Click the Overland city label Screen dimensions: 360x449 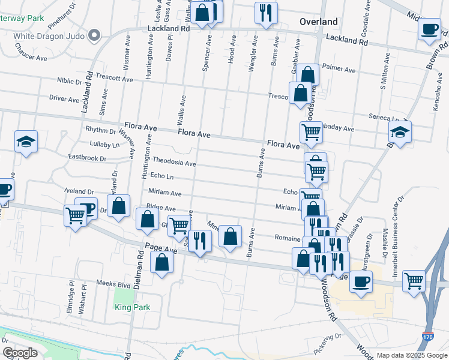[318, 22]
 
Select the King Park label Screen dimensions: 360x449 [132, 307]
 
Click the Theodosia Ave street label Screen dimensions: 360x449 [174, 162]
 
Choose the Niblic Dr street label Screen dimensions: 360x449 [70, 81]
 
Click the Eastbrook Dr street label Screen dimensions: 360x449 [86, 158]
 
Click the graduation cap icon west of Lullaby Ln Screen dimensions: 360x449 [26, 142]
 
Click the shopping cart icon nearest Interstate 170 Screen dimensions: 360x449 [414, 280]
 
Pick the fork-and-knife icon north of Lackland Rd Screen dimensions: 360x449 [265, 12]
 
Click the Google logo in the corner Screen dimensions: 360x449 [20, 353]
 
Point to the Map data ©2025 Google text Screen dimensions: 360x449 [411, 355]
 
